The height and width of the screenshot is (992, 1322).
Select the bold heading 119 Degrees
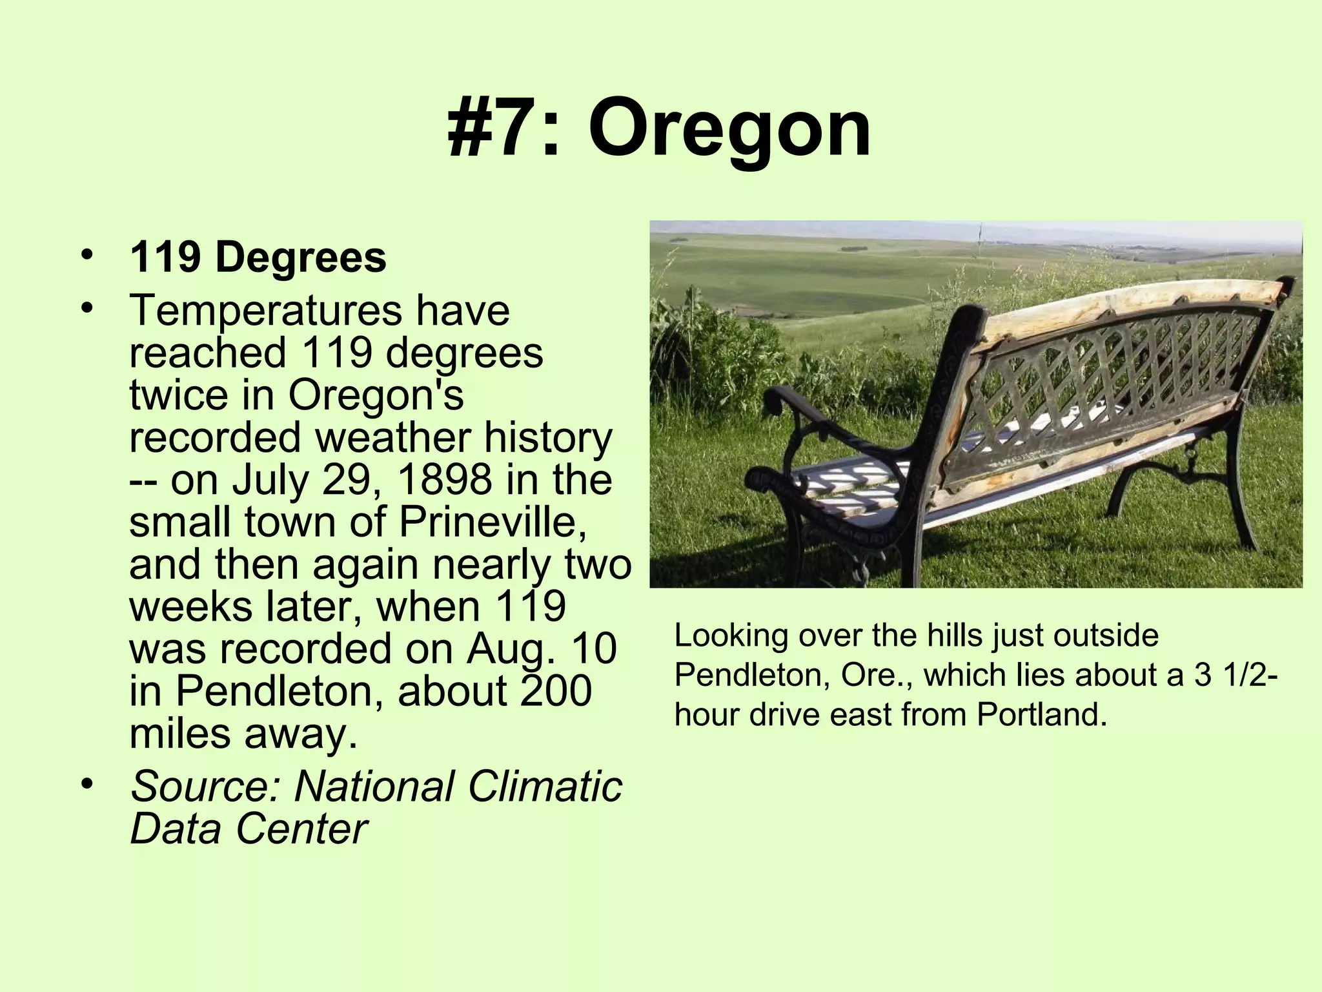pyautogui.click(x=258, y=258)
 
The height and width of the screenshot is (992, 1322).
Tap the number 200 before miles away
pyautogui.click(x=556, y=691)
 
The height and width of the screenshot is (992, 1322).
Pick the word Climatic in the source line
pyautogui.click(x=544, y=787)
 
